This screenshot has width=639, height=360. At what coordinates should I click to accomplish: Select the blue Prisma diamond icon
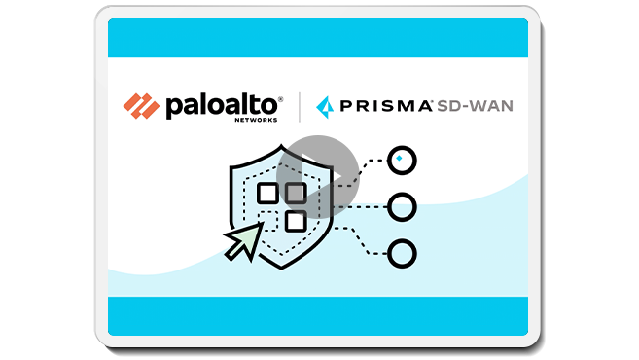(325, 104)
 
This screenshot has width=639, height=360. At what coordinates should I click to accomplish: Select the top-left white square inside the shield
(266, 193)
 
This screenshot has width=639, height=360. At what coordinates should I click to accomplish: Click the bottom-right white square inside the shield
(296, 220)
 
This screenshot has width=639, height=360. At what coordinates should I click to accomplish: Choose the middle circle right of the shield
(401, 206)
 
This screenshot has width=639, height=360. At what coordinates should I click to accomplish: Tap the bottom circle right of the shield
(401, 254)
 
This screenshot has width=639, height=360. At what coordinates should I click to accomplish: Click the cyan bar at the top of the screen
(318, 38)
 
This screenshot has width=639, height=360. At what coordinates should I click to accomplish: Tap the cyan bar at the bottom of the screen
(318, 316)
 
